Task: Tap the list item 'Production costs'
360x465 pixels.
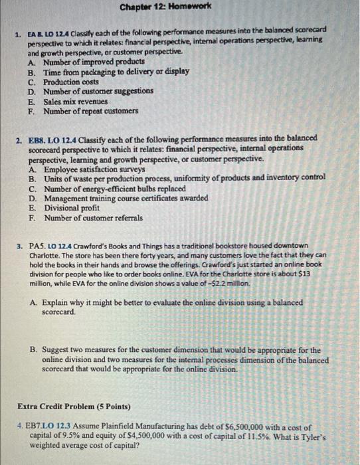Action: pos(71,80)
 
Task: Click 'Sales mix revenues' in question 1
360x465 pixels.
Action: pos(76,101)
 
